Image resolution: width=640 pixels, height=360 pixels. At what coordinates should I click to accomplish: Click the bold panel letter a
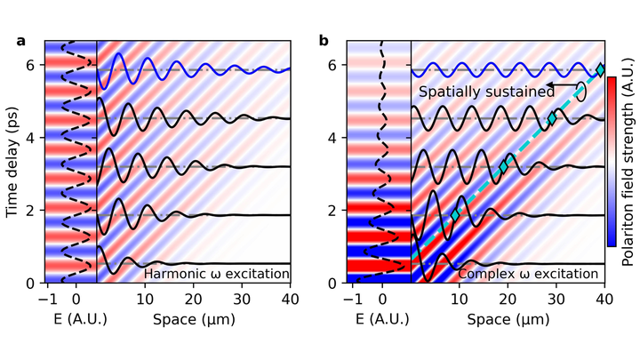click(20, 41)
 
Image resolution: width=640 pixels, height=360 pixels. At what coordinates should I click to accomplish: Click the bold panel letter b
click(324, 41)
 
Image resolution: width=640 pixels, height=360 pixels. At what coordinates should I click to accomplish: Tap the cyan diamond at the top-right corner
click(601, 69)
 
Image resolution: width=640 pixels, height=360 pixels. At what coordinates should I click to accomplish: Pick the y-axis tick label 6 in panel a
click(29, 66)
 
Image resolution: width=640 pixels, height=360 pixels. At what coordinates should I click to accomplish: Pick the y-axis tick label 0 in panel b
click(336, 284)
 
